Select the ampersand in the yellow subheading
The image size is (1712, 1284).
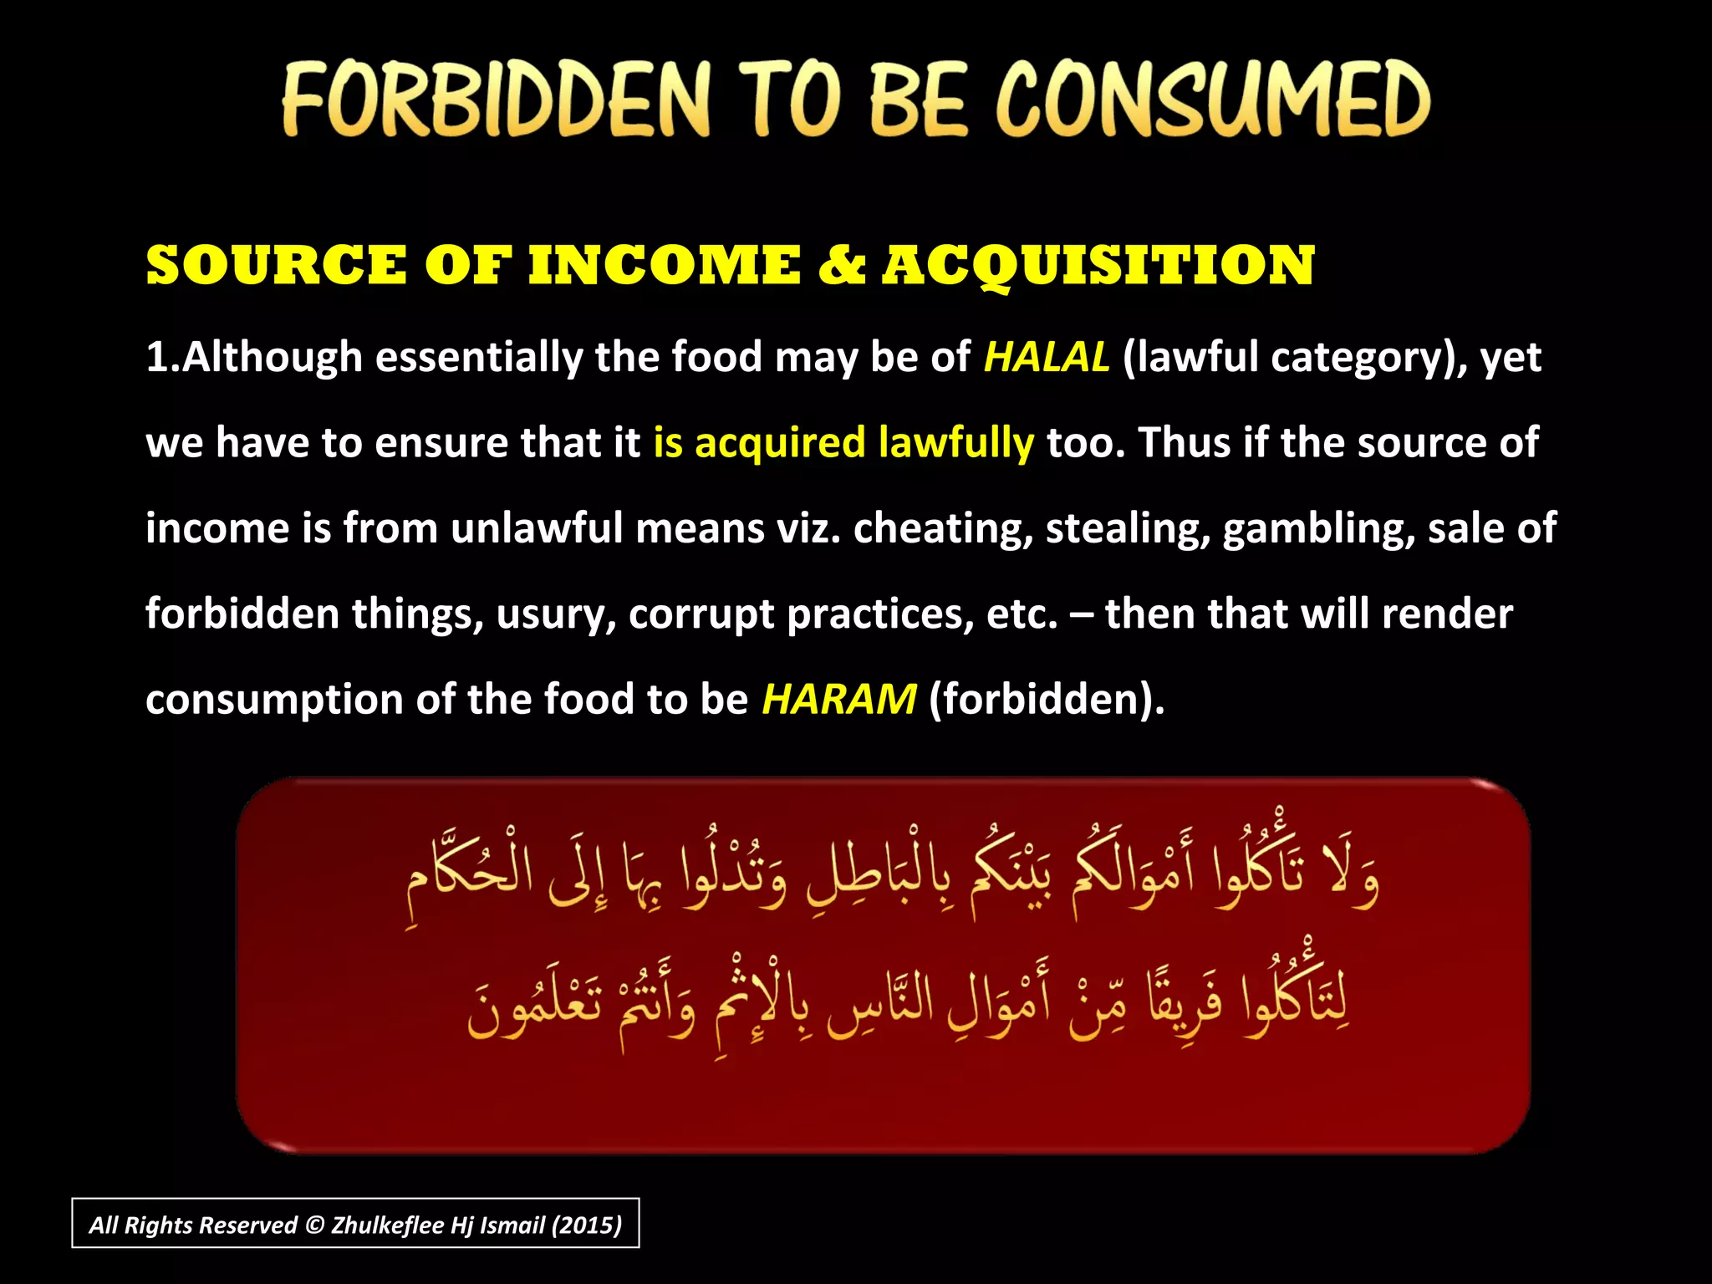[841, 266]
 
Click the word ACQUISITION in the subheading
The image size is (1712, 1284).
[1098, 266]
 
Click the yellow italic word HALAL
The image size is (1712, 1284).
[1047, 357]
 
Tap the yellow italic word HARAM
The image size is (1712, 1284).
[838, 699]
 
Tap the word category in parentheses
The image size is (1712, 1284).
[1363, 359]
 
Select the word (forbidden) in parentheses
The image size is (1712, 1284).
[1047, 699]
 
